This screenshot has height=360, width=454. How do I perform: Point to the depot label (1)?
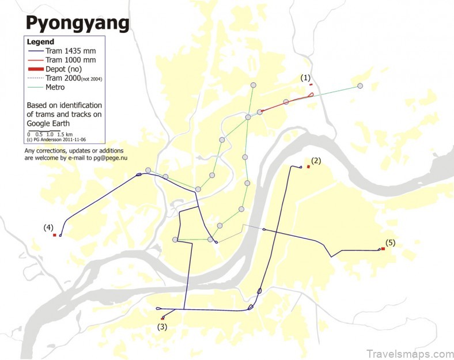click(305, 77)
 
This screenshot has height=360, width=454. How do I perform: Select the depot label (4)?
click(48, 227)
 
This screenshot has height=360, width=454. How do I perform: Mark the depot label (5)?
click(390, 242)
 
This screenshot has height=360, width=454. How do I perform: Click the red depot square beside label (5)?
click(383, 249)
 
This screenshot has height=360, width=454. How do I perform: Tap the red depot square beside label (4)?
click(54, 235)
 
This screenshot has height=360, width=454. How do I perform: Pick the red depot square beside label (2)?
click(309, 167)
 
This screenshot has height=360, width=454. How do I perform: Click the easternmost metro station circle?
click(360, 86)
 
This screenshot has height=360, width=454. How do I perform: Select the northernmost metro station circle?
click(252, 85)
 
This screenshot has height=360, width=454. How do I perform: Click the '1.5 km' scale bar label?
click(65, 134)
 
